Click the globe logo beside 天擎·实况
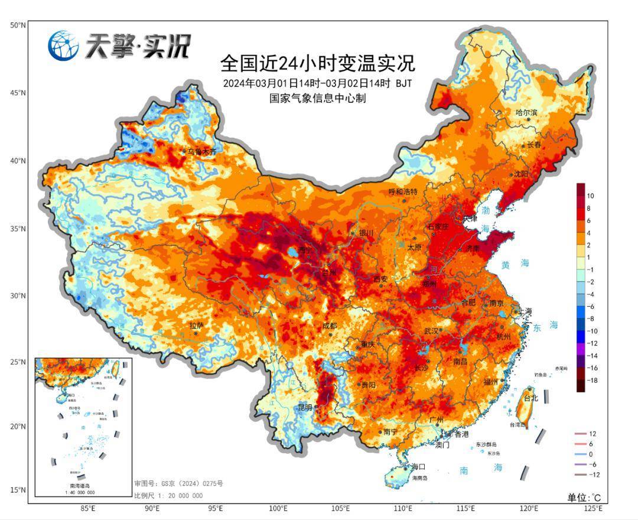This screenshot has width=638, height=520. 63,45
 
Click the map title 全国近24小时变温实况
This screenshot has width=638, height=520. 317,63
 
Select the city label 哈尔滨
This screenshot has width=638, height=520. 526,112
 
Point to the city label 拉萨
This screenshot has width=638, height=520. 196,325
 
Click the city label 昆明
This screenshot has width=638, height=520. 305,407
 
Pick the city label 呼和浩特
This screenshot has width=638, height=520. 403,192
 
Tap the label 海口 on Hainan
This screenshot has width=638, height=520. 419,466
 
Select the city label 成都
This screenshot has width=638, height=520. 330,326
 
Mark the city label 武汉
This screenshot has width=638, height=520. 432,331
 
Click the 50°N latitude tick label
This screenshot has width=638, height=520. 17,25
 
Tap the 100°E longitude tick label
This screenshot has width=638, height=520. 278,508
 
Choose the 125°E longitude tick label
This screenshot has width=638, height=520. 593,508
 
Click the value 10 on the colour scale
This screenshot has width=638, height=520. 591,196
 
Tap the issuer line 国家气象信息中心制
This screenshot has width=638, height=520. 317,98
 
